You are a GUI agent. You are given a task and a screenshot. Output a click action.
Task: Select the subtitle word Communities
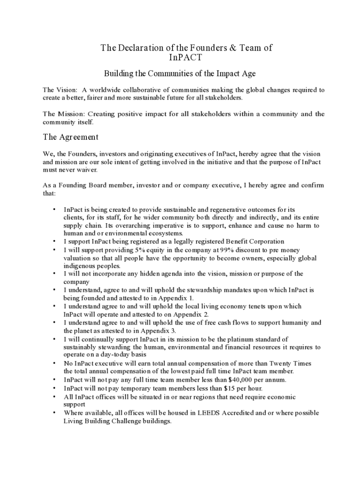point(171,74)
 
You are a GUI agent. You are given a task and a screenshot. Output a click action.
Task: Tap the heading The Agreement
point(71,137)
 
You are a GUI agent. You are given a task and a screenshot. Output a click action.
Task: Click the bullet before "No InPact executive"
point(54,363)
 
